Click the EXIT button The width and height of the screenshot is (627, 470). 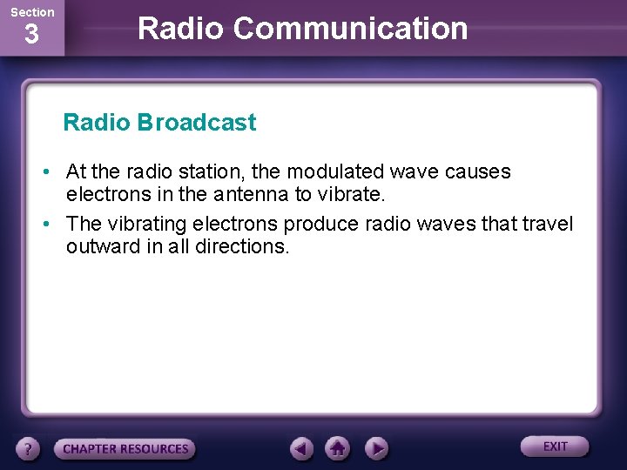tap(555, 446)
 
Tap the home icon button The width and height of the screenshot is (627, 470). tap(338, 448)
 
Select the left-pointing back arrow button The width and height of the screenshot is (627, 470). tap(301, 448)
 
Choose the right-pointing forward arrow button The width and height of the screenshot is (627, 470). tap(375, 448)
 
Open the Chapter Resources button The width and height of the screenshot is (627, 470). tap(125, 449)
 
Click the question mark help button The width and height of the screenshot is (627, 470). tap(29, 449)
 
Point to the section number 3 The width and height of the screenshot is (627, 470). tap(31, 35)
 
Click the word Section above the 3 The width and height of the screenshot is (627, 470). tap(31, 12)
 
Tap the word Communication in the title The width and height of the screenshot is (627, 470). tap(351, 28)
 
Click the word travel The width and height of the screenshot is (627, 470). tap(547, 225)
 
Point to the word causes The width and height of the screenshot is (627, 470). tap(477, 172)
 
